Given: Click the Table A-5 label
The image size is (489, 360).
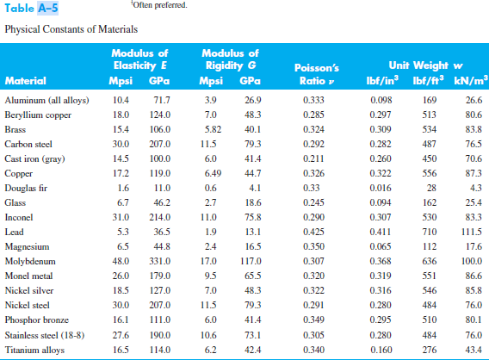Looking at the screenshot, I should coord(29,11).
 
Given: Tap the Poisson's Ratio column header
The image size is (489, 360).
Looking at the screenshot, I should coord(319,73).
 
